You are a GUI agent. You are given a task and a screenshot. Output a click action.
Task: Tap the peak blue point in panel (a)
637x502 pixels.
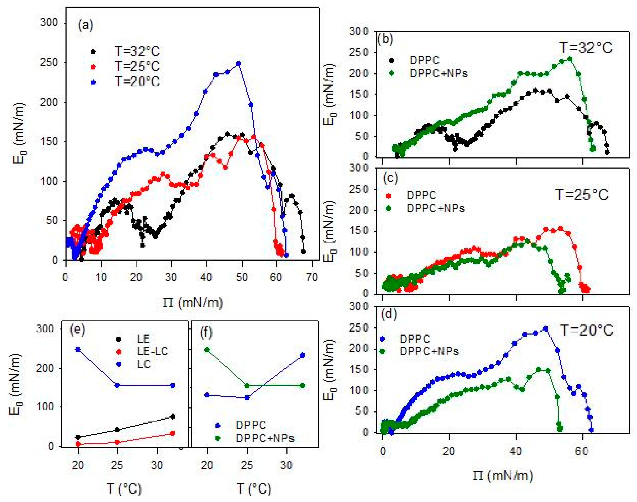238,64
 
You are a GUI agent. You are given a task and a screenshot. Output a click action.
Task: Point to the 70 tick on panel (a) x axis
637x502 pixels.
311,277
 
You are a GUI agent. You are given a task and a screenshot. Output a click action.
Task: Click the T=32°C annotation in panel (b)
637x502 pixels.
586,48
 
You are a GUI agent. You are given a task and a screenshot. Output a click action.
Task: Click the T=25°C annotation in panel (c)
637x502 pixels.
581,195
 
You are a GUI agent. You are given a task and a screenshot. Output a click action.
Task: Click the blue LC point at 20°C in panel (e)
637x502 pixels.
78,349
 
